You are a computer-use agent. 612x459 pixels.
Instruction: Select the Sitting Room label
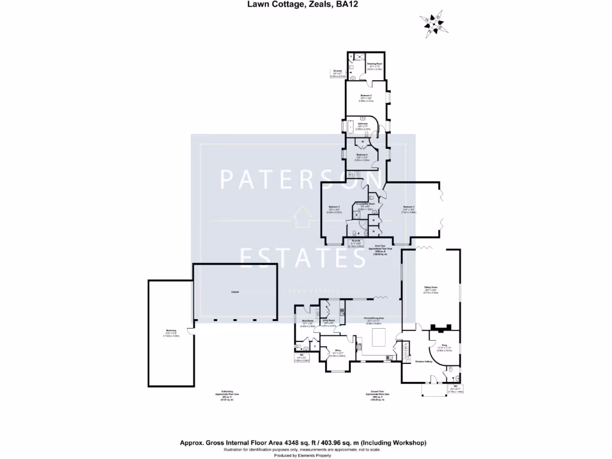(430, 289)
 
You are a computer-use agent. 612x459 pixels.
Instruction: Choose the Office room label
(338, 351)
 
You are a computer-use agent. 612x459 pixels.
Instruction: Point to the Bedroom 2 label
(366, 97)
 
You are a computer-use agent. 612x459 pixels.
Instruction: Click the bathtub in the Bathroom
(351, 127)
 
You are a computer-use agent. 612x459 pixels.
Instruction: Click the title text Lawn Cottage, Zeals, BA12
(306, 5)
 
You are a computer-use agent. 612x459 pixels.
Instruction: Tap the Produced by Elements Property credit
(306, 455)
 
